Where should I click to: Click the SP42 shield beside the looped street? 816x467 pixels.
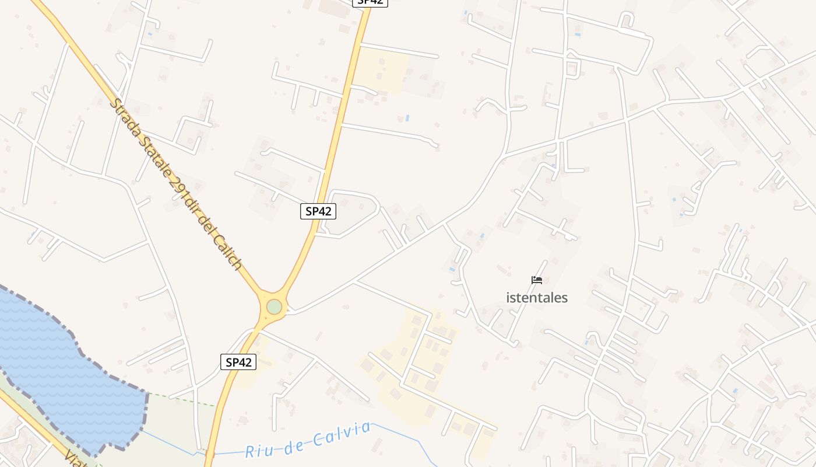(x=318, y=211)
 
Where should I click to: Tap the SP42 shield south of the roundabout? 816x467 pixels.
(x=239, y=362)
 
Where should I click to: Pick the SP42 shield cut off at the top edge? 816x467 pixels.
(x=370, y=2)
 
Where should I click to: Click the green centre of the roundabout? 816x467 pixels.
(x=274, y=307)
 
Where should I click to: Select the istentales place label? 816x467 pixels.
(x=537, y=298)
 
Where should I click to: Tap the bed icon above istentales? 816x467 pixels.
(x=537, y=280)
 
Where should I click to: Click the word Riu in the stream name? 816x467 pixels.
(x=257, y=450)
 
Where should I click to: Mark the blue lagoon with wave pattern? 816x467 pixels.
(x=58, y=374)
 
